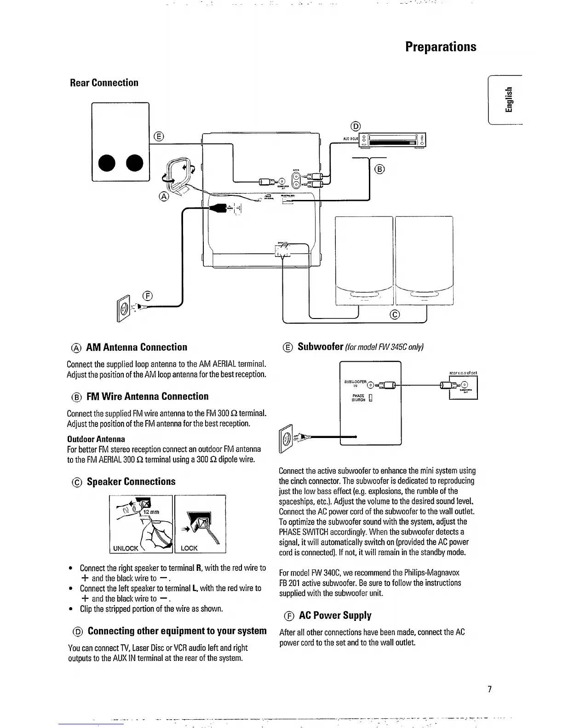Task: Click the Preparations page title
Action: click(x=441, y=47)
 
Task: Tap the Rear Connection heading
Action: click(x=104, y=83)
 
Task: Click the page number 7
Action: click(x=490, y=689)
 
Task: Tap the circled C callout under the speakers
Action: click(x=395, y=314)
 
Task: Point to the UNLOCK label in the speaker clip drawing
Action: click(x=126, y=548)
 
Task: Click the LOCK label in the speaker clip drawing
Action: click(x=189, y=548)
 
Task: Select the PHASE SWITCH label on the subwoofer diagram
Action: click(x=358, y=398)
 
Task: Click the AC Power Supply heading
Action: click(x=335, y=615)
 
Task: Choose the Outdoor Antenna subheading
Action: click(x=96, y=439)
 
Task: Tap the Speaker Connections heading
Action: click(x=131, y=482)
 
